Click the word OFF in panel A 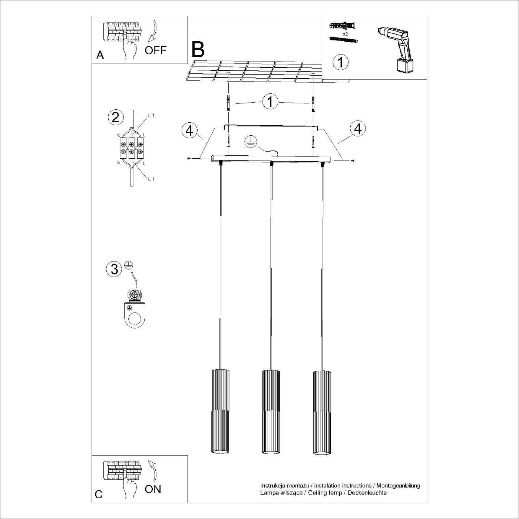point(156,50)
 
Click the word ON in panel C point(153,489)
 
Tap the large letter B point(198,49)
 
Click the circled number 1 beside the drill point(341,62)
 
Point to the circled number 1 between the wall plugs point(270,102)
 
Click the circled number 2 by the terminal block point(115,118)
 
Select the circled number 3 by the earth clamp point(114,269)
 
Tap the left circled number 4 point(189,130)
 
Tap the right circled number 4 point(358,129)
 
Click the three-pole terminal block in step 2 point(131,148)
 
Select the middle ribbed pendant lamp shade point(271,411)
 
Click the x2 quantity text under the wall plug point(345,34)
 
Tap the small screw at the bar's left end point(189,159)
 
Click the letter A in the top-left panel point(100,55)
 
